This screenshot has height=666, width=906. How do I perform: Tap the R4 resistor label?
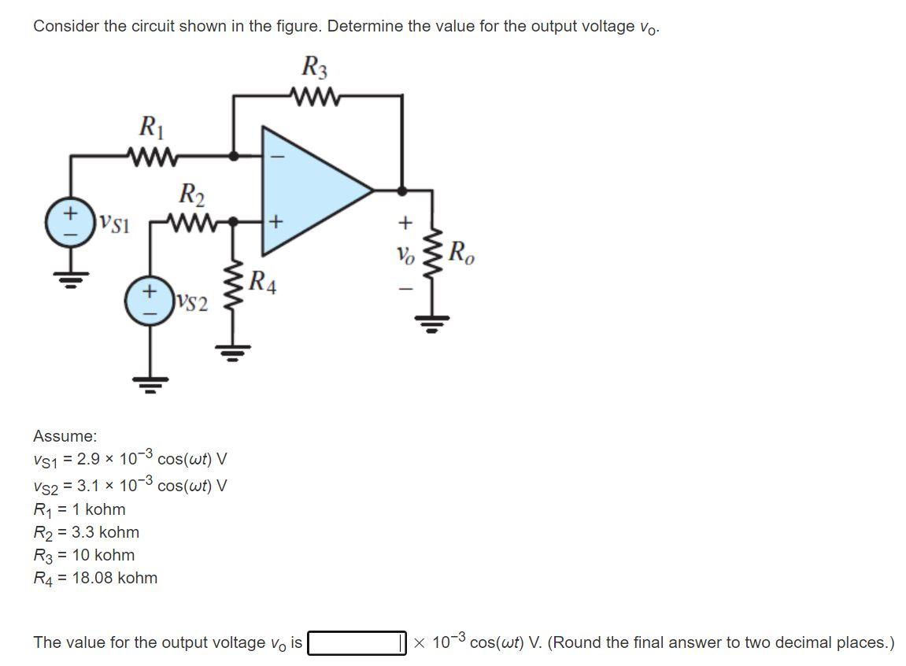point(262,281)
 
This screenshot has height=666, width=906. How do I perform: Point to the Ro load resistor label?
point(461,254)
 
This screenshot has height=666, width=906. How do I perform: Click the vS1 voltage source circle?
point(72,221)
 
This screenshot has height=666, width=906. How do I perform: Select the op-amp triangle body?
point(311,190)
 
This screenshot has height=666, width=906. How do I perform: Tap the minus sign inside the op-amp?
point(276,156)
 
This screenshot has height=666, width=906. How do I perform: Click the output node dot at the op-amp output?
point(403,190)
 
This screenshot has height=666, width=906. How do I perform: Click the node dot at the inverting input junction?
point(234,156)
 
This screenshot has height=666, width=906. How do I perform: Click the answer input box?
point(356,643)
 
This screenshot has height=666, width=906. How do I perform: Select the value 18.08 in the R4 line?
point(93,578)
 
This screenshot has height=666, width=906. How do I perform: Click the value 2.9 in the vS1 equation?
point(87,460)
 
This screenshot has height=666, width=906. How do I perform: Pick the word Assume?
point(65,436)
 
